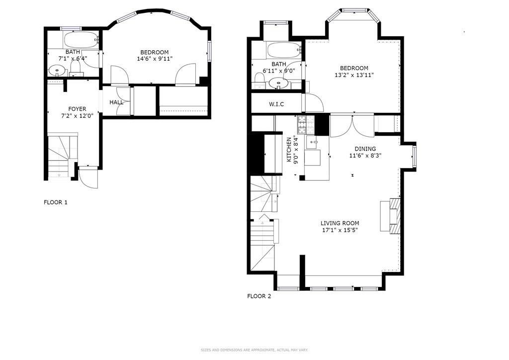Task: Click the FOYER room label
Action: click(77, 109)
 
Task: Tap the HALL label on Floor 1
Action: click(116, 102)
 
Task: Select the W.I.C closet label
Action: click(276, 104)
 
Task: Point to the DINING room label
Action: click(365, 149)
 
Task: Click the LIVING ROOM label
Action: click(339, 223)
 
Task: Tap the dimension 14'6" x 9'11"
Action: click(154, 59)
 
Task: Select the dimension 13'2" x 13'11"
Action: click(354, 75)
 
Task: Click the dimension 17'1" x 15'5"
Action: click(339, 230)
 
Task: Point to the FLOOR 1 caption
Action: click(56, 202)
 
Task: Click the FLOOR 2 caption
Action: click(259, 296)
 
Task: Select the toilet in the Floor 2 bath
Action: click(258, 80)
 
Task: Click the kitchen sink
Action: click(313, 143)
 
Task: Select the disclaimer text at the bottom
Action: click(254, 350)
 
